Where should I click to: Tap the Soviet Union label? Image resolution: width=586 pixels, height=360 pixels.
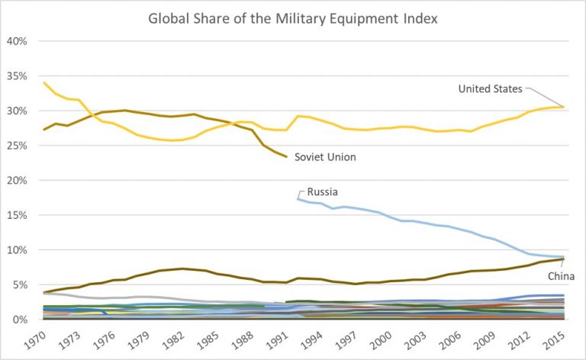pos(325,157)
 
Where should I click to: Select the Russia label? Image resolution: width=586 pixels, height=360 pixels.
pos(323,192)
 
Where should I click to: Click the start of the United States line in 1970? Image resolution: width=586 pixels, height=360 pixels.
pos(44,82)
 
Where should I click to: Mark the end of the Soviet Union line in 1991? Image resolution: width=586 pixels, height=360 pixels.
pos(286,156)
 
